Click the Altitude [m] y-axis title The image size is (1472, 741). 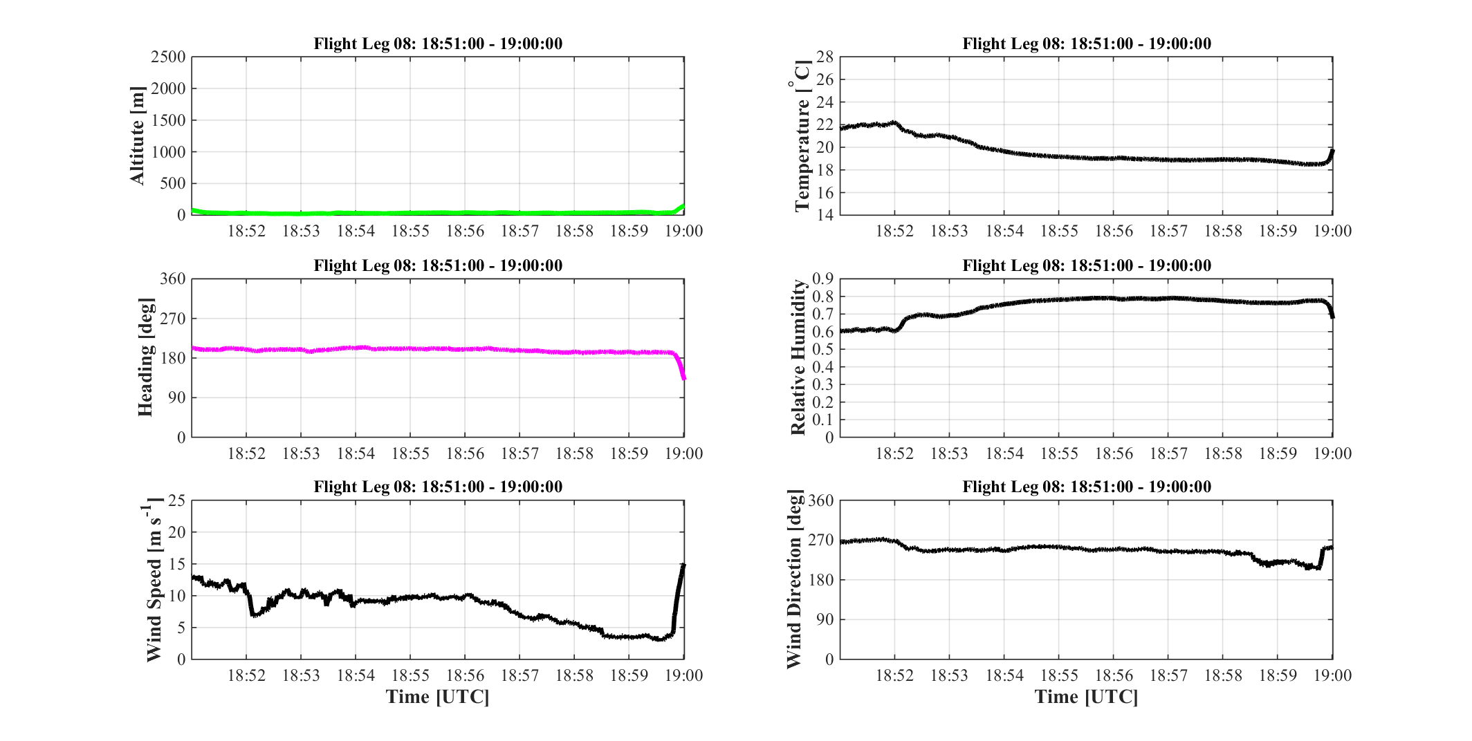coord(138,136)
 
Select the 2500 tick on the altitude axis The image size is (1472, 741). coord(169,57)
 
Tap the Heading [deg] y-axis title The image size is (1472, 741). coord(145,357)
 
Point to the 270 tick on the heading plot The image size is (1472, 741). coord(174,319)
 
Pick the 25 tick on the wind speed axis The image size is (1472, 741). coord(178,500)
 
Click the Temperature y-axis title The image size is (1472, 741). coord(801,136)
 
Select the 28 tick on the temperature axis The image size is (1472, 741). coord(825,57)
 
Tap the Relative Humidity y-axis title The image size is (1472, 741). coord(798,357)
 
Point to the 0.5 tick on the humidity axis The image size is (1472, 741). coord(823,350)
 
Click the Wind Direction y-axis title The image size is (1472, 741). coord(795,579)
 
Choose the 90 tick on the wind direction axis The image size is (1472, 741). coord(826,619)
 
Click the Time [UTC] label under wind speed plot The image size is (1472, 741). coord(438,697)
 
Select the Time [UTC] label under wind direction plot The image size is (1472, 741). coord(1086,697)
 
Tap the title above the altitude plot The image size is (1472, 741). coord(438,44)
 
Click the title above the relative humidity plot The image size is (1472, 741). coord(1087,265)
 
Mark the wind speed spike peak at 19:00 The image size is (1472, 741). coord(683,565)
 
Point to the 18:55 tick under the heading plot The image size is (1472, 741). coord(410,453)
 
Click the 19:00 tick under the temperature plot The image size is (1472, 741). coord(1333,231)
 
